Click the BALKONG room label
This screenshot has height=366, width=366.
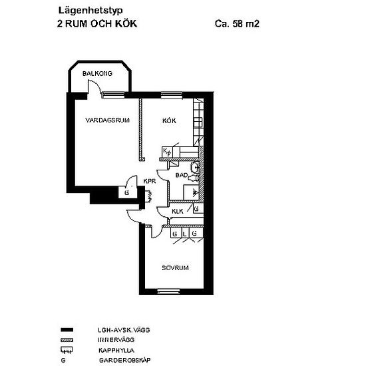(97, 73)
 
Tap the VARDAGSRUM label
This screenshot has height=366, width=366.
(107, 120)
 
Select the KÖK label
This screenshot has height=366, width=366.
(169, 120)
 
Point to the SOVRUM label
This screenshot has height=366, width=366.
(175, 268)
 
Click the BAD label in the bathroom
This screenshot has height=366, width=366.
(182, 175)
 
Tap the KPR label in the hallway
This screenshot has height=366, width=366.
(150, 181)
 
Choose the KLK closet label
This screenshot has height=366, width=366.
(178, 212)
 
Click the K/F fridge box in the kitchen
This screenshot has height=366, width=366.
(167, 152)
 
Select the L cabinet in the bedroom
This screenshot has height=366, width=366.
(185, 234)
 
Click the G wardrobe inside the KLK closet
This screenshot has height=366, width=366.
(198, 209)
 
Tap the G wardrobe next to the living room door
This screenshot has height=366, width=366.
(128, 192)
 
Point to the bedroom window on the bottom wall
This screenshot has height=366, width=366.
(168, 291)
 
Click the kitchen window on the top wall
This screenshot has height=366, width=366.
(172, 94)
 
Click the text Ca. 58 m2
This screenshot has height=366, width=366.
(237, 24)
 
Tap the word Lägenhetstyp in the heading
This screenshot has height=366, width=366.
(91, 11)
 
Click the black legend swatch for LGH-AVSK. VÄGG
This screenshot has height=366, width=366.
(67, 330)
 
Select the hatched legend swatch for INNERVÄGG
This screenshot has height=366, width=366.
(67, 340)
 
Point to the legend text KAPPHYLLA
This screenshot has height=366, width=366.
(116, 350)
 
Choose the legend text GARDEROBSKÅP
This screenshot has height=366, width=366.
(125, 360)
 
